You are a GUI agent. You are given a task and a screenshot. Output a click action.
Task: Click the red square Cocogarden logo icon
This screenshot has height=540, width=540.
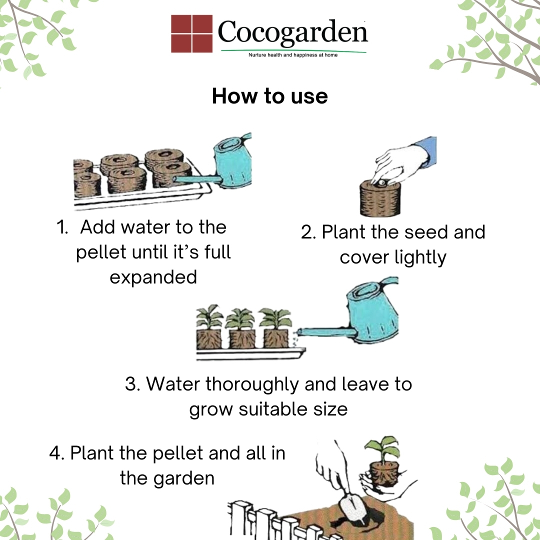click(192, 33)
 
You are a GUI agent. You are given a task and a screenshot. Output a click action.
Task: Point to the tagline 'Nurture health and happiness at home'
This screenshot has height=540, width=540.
click(293, 55)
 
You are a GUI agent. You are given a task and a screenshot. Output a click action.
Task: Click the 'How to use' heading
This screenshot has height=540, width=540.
click(269, 96)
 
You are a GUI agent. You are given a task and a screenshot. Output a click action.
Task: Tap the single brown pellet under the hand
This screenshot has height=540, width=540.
click(380, 199)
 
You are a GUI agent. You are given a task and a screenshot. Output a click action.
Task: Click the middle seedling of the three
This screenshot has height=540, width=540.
click(242, 328)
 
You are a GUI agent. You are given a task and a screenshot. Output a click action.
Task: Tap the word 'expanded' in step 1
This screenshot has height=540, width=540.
click(153, 277)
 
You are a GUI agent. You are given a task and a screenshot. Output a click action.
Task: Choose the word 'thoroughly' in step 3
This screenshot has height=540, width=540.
click(252, 384)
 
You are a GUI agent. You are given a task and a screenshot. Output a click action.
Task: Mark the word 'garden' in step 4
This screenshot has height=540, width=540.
click(184, 478)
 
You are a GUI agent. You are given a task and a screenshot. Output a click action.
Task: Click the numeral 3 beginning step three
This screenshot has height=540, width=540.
click(131, 384)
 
